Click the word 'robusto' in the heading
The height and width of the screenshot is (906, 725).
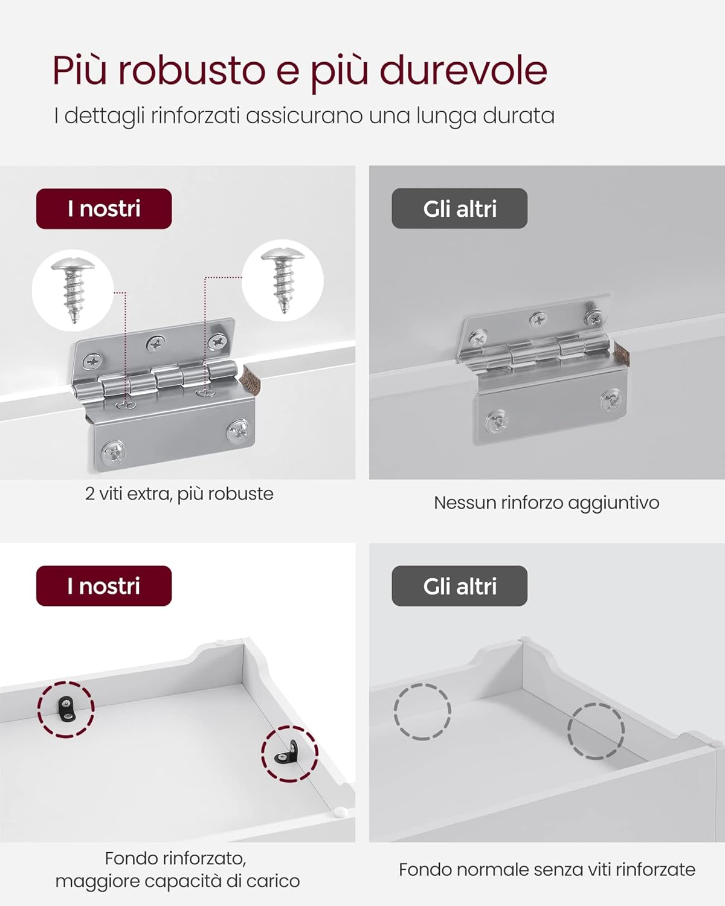(x=191, y=71)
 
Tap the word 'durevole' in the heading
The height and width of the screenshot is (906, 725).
(x=463, y=71)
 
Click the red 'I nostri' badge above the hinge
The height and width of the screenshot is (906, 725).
(x=104, y=209)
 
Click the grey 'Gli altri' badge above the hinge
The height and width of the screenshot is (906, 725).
(x=459, y=209)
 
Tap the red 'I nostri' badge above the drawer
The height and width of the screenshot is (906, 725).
(x=104, y=586)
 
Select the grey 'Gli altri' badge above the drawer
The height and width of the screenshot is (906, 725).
(x=459, y=586)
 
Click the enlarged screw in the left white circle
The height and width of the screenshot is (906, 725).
(x=72, y=289)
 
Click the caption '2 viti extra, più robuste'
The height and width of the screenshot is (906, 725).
(x=179, y=494)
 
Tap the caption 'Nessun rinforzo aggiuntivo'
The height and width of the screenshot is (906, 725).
(x=546, y=503)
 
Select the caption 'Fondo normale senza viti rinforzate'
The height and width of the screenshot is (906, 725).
(x=546, y=870)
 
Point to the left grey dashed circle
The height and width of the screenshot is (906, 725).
(x=422, y=712)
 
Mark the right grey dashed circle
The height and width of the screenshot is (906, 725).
(x=596, y=731)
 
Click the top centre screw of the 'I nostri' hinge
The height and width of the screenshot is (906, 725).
(x=155, y=345)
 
